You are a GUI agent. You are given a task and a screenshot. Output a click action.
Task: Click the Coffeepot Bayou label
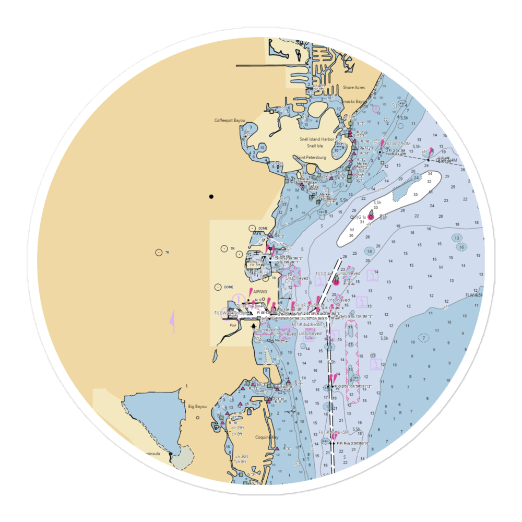(x=230, y=121)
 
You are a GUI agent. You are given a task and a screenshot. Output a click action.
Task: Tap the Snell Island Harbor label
(x=316, y=139)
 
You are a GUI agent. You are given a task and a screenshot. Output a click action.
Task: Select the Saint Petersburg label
(x=311, y=157)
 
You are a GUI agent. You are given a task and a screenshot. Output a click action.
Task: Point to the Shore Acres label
(x=354, y=88)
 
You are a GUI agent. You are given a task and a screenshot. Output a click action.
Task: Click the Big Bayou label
(x=197, y=406)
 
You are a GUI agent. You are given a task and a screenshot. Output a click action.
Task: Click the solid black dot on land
(x=211, y=197)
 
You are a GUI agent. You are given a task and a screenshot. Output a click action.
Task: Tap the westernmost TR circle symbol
(x=159, y=253)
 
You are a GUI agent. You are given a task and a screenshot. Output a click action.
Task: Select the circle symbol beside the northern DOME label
(x=252, y=228)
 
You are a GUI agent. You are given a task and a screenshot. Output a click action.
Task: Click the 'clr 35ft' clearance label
(x=238, y=428)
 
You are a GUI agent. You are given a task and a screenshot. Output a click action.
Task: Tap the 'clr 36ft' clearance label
(x=241, y=457)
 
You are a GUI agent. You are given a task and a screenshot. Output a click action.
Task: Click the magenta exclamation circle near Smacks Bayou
(x=376, y=109)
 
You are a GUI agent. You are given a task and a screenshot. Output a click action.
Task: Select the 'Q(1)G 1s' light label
(x=361, y=216)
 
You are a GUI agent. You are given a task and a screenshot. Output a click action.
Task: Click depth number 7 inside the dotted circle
(x=425, y=338)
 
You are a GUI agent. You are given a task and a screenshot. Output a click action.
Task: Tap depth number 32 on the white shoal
(x=429, y=182)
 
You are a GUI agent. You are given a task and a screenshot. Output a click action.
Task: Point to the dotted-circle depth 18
(x=370, y=252)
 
